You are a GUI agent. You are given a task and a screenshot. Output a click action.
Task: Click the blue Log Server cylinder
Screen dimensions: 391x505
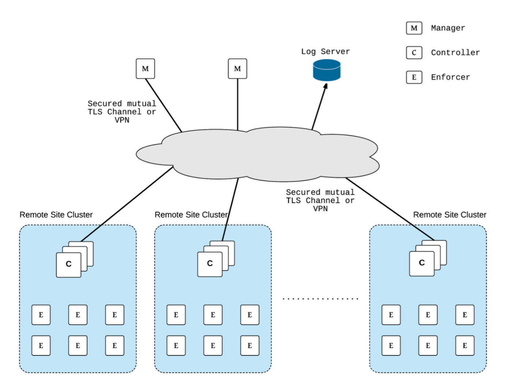point(327,70)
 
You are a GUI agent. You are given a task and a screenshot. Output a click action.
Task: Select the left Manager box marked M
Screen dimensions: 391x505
point(145,68)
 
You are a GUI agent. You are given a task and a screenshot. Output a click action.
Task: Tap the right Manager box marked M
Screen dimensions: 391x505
point(237,68)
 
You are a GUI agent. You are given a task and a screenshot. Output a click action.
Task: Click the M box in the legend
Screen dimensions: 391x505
point(414,28)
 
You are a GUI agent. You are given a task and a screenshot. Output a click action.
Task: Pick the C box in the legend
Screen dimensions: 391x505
point(414,53)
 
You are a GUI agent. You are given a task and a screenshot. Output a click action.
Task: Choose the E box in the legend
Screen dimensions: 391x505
point(414,77)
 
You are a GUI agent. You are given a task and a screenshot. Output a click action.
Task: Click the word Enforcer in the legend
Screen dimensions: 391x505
point(450,77)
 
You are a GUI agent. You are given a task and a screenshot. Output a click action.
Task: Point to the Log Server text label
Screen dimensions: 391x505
point(325,52)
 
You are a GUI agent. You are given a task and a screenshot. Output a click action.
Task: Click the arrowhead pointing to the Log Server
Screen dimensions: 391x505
point(325,86)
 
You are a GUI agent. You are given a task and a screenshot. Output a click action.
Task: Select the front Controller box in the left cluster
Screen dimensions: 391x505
point(68,265)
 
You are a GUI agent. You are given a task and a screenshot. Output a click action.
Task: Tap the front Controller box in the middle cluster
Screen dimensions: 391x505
point(210,264)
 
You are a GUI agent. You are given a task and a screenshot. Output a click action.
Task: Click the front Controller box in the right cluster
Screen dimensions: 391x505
point(422,263)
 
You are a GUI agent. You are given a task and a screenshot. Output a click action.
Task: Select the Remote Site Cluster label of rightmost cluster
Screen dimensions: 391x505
point(449,215)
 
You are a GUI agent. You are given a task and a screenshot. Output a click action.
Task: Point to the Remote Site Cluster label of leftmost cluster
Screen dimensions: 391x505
point(56,215)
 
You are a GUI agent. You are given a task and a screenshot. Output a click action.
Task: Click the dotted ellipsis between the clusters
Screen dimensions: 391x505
point(320,299)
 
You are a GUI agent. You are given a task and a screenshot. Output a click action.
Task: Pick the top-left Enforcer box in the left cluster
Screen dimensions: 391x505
point(41,315)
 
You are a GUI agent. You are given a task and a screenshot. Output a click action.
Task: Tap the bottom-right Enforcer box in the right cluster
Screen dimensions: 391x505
point(465,346)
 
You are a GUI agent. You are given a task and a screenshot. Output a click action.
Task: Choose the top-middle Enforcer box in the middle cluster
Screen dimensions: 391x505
point(213,315)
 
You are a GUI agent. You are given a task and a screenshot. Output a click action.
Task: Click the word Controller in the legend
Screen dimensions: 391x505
point(455,53)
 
